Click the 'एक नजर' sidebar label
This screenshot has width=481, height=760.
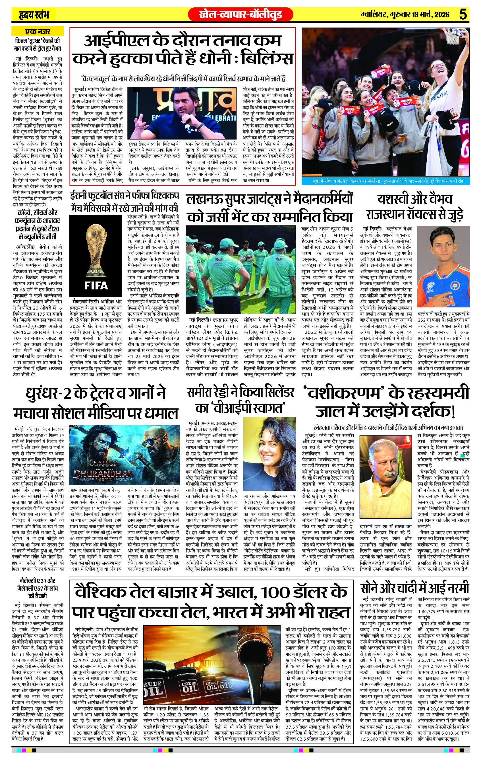coord(38,32)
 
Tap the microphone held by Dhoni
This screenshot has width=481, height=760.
coord(188,122)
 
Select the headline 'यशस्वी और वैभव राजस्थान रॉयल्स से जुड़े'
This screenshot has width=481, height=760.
coord(415,207)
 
